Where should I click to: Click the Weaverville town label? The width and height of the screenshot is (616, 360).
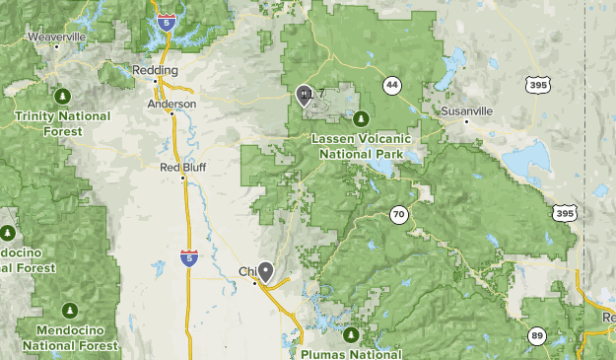(56, 36)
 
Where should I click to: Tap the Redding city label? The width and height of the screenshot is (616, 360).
(156, 71)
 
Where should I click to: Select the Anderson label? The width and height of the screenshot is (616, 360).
(172, 104)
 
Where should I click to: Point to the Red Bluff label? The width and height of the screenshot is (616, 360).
(182, 167)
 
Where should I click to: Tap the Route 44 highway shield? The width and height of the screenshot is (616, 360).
(392, 85)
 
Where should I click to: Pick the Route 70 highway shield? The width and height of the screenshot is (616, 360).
(397, 214)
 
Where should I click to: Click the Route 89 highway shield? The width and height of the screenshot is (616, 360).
(537, 335)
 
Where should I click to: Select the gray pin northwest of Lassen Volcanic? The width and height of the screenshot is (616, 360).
(305, 94)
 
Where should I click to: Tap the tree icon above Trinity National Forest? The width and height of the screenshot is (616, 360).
(62, 96)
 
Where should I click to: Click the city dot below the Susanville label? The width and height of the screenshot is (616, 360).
(445, 122)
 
